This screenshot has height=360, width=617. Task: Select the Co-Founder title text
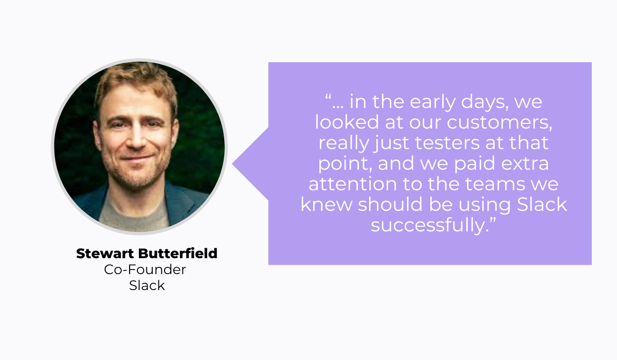[x=145, y=269]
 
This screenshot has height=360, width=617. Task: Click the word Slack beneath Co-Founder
[x=147, y=285]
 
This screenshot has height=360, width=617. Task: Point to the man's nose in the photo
[x=135, y=138]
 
